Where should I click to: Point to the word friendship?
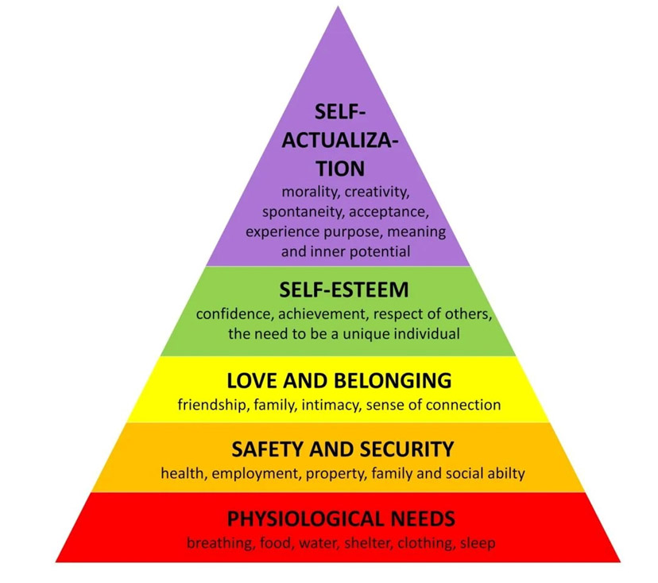(x=211, y=405)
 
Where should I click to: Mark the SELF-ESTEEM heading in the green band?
(x=344, y=289)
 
